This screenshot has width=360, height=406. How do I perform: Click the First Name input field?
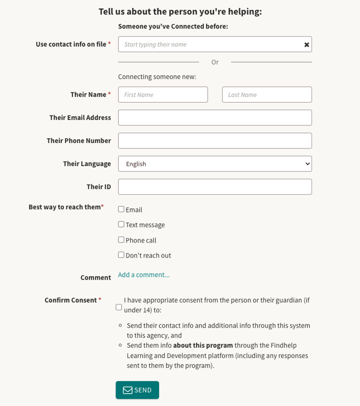(x=163, y=95)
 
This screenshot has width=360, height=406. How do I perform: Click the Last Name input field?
(x=267, y=95)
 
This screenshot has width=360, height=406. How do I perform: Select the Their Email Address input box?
(x=215, y=118)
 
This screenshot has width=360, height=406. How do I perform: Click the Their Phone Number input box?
(x=215, y=141)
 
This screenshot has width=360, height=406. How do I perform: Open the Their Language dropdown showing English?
(x=215, y=164)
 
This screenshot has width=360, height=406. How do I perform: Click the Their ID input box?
(x=215, y=187)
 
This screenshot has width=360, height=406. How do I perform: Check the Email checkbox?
(x=121, y=209)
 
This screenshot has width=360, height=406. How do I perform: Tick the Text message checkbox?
(x=121, y=224)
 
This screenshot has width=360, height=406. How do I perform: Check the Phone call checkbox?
(x=121, y=240)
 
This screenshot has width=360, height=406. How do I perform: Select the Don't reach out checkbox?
(x=121, y=255)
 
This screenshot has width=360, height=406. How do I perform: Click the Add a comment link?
(x=144, y=275)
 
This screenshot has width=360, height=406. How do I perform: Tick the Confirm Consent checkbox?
(x=119, y=307)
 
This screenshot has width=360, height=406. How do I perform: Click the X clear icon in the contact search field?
(x=307, y=45)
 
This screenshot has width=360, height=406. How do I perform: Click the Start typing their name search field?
(x=210, y=45)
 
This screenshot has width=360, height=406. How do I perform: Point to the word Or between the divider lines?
(x=215, y=62)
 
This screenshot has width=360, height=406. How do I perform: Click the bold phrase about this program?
(x=203, y=345)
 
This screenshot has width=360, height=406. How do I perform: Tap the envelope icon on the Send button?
(x=127, y=390)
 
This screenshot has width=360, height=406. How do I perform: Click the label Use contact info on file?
(x=71, y=44)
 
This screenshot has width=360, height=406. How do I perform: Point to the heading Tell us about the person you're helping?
(x=180, y=12)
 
